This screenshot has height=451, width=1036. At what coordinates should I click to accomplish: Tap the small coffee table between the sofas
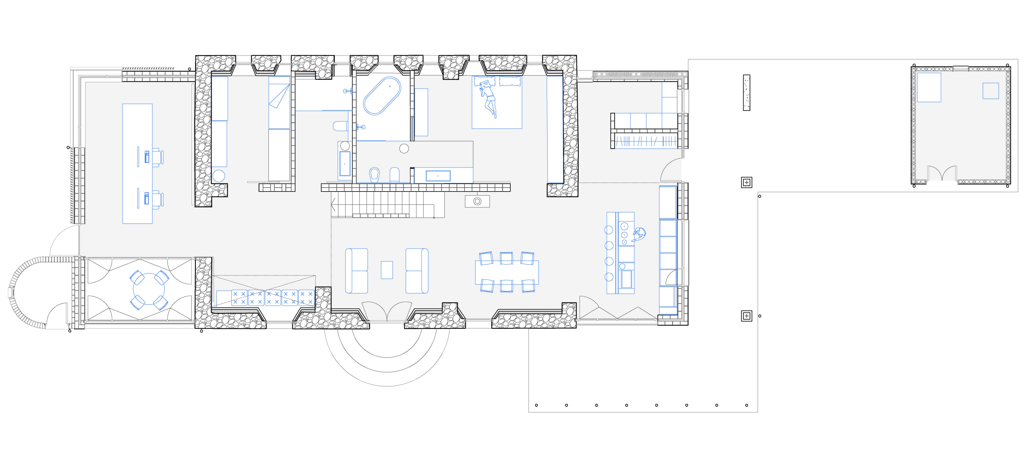click(x=386, y=270)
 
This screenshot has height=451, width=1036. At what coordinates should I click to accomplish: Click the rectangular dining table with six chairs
click(x=507, y=272)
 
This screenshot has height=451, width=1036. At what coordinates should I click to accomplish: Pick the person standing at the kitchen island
click(x=639, y=234)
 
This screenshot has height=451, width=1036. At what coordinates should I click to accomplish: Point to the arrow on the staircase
click(x=333, y=204)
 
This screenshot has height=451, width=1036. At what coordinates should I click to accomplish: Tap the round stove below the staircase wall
click(x=477, y=201)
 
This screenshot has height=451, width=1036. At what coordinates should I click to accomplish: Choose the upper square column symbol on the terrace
click(x=747, y=183)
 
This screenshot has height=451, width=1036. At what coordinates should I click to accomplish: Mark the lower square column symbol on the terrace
click(x=747, y=316)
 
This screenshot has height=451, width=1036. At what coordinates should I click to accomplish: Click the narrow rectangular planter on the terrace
click(x=747, y=93)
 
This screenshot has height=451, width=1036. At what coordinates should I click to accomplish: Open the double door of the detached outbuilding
click(x=942, y=174)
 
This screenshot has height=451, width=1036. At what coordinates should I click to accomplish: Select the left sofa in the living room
click(x=357, y=271)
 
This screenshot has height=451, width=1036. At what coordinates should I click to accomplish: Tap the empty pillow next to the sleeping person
click(x=510, y=82)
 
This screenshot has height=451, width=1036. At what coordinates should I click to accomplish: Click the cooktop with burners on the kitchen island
click(x=624, y=234)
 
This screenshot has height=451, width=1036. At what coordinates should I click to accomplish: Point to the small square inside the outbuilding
click(x=991, y=91)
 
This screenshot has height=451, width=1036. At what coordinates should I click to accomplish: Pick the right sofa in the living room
click(x=417, y=271)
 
